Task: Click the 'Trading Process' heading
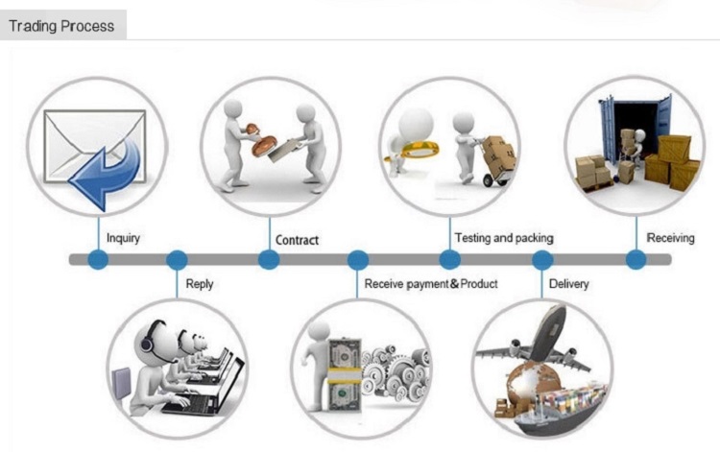pos(60,26)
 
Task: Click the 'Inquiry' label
pos(123,237)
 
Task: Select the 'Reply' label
pos(200,284)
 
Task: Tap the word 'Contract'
pos(297,240)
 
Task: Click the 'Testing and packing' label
pos(503,237)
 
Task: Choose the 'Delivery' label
pos(568,284)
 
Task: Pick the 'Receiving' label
pos(670,237)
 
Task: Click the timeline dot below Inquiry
pos(98,259)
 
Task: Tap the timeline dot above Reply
pos(177,259)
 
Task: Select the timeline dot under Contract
pos(269,259)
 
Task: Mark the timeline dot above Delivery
pos(542,259)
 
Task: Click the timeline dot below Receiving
pos(636,259)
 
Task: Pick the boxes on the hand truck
pos(500,152)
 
